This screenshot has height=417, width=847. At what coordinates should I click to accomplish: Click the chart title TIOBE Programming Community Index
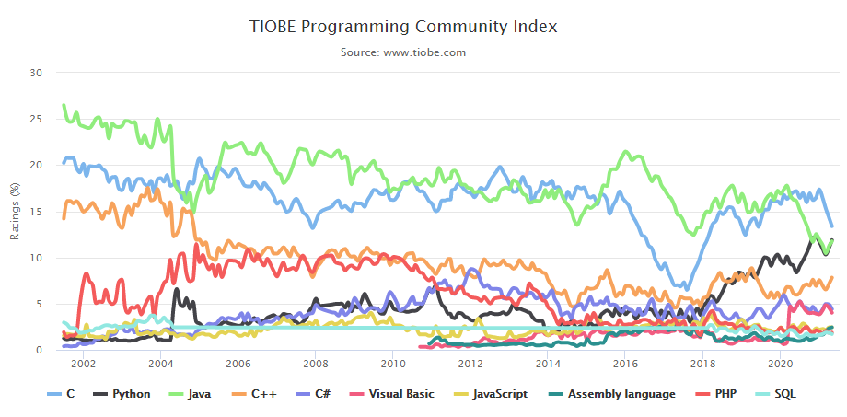coord(403,27)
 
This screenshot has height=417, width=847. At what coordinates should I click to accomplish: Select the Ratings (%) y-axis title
coord(15,211)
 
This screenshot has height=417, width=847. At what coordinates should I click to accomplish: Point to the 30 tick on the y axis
coord(37,72)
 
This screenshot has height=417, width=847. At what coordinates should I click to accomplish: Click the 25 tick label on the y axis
coord(37,119)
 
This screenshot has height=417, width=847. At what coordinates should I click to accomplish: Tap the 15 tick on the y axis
coord(37,211)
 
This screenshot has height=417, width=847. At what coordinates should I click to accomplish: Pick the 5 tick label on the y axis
coord(40,304)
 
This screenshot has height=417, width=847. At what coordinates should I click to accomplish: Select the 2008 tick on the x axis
coord(315,365)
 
